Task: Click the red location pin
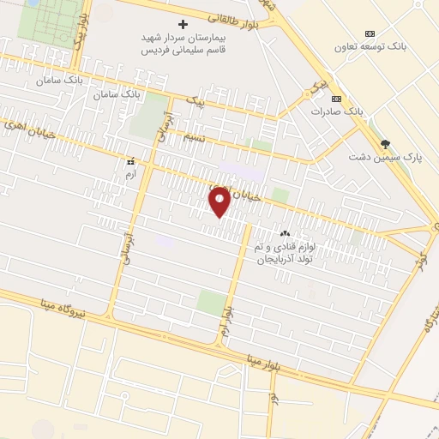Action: (x=219, y=201)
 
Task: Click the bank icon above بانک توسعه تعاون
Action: (x=370, y=32)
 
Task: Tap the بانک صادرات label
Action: (x=333, y=111)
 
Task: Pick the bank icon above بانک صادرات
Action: (x=336, y=98)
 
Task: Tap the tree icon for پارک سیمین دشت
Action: (x=385, y=143)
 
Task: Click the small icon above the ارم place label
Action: (x=130, y=161)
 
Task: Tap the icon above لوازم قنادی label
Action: (x=285, y=233)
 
